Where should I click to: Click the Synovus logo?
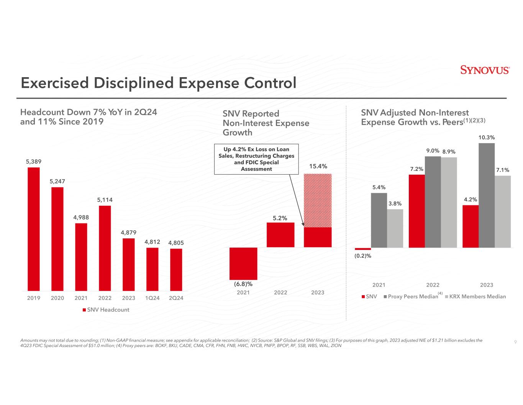pos(484,70)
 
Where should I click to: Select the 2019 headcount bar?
pos(34,229)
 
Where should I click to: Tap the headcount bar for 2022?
pos(105,248)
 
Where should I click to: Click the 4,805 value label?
pos(176,243)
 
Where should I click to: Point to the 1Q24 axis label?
pos(152,298)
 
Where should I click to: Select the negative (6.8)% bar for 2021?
pos(243,263)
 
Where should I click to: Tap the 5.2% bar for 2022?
pos(280,235)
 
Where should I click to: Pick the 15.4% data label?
pos(318,166)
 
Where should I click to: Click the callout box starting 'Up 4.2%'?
pos(256,159)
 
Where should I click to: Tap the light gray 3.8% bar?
pos(395,228)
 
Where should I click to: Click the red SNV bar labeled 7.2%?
pos(417,211)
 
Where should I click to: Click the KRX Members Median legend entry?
pos(475,296)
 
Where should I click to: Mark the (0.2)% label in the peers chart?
pos(363,256)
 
